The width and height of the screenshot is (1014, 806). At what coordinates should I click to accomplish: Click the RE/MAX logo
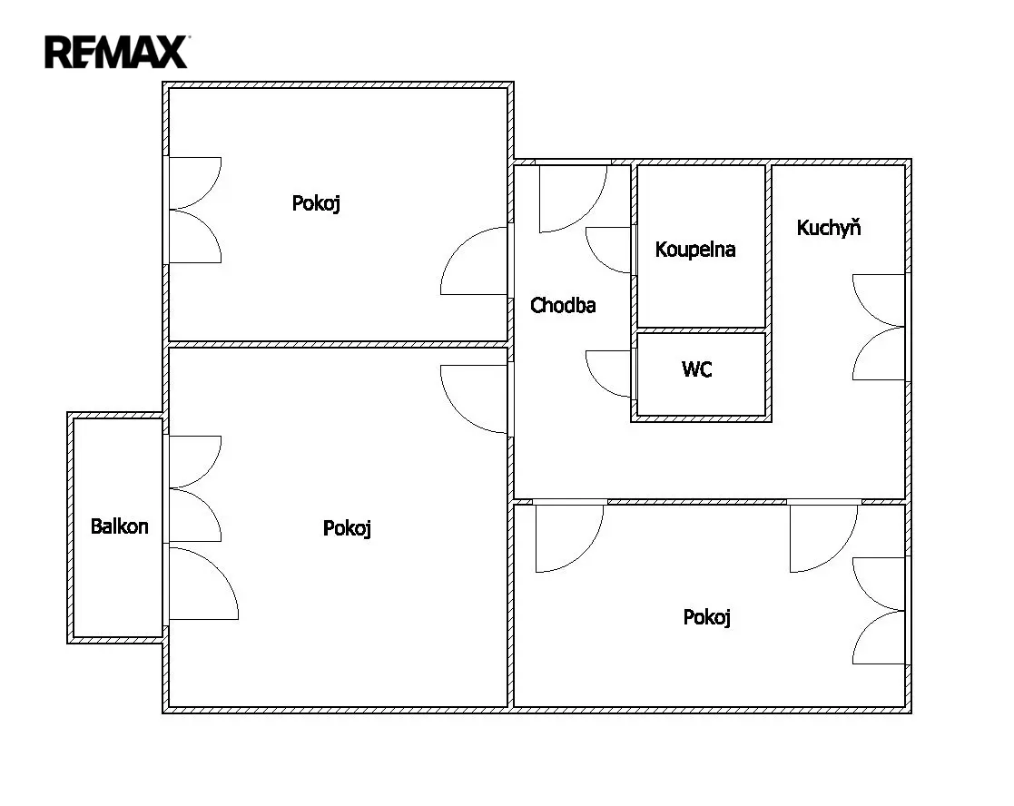(117, 52)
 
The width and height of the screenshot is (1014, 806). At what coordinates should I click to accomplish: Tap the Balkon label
(120, 526)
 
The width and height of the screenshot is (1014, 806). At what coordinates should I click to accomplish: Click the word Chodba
(563, 305)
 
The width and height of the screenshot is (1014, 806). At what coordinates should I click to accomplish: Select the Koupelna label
(695, 250)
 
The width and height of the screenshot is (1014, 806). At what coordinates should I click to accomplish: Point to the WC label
(697, 369)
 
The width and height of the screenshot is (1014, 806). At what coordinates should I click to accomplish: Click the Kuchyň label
(829, 227)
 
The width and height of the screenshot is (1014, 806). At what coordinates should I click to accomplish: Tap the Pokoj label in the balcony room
(348, 529)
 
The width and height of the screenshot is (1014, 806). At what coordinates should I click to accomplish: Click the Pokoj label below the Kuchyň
(707, 617)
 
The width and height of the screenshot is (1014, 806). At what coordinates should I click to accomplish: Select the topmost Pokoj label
(316, 203)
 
